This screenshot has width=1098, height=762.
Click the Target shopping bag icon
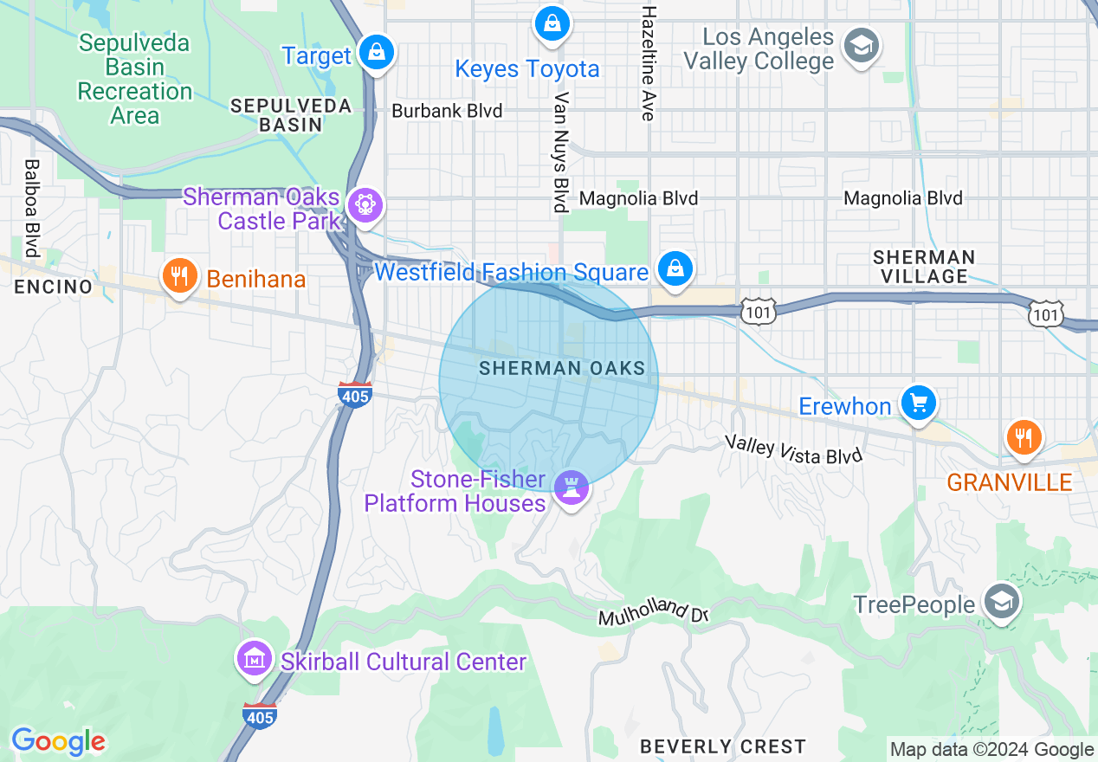click(377, 53)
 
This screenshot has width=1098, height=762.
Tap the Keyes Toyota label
click(527, 69)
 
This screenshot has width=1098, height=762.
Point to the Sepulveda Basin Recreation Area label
click(134, 79)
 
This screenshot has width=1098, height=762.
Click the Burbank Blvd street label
click(447, 111)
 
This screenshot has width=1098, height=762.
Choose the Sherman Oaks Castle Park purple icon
click(365, 206)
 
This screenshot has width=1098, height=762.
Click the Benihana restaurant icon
click(179, 276)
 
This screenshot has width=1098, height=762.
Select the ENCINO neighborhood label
click(53, 287)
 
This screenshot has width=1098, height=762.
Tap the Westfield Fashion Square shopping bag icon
click(674, 268)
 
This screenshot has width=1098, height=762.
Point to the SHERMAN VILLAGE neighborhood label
click(923, 267)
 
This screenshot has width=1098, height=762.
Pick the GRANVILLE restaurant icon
click(1024, 437)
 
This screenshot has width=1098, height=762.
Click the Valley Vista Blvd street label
click(794, 450)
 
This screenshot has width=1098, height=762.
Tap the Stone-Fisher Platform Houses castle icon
click(571, 488)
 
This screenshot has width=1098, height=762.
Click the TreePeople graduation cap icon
click(1002, 601)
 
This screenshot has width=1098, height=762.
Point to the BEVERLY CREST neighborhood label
click(722, 746)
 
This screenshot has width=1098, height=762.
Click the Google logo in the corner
click(58, 742)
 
